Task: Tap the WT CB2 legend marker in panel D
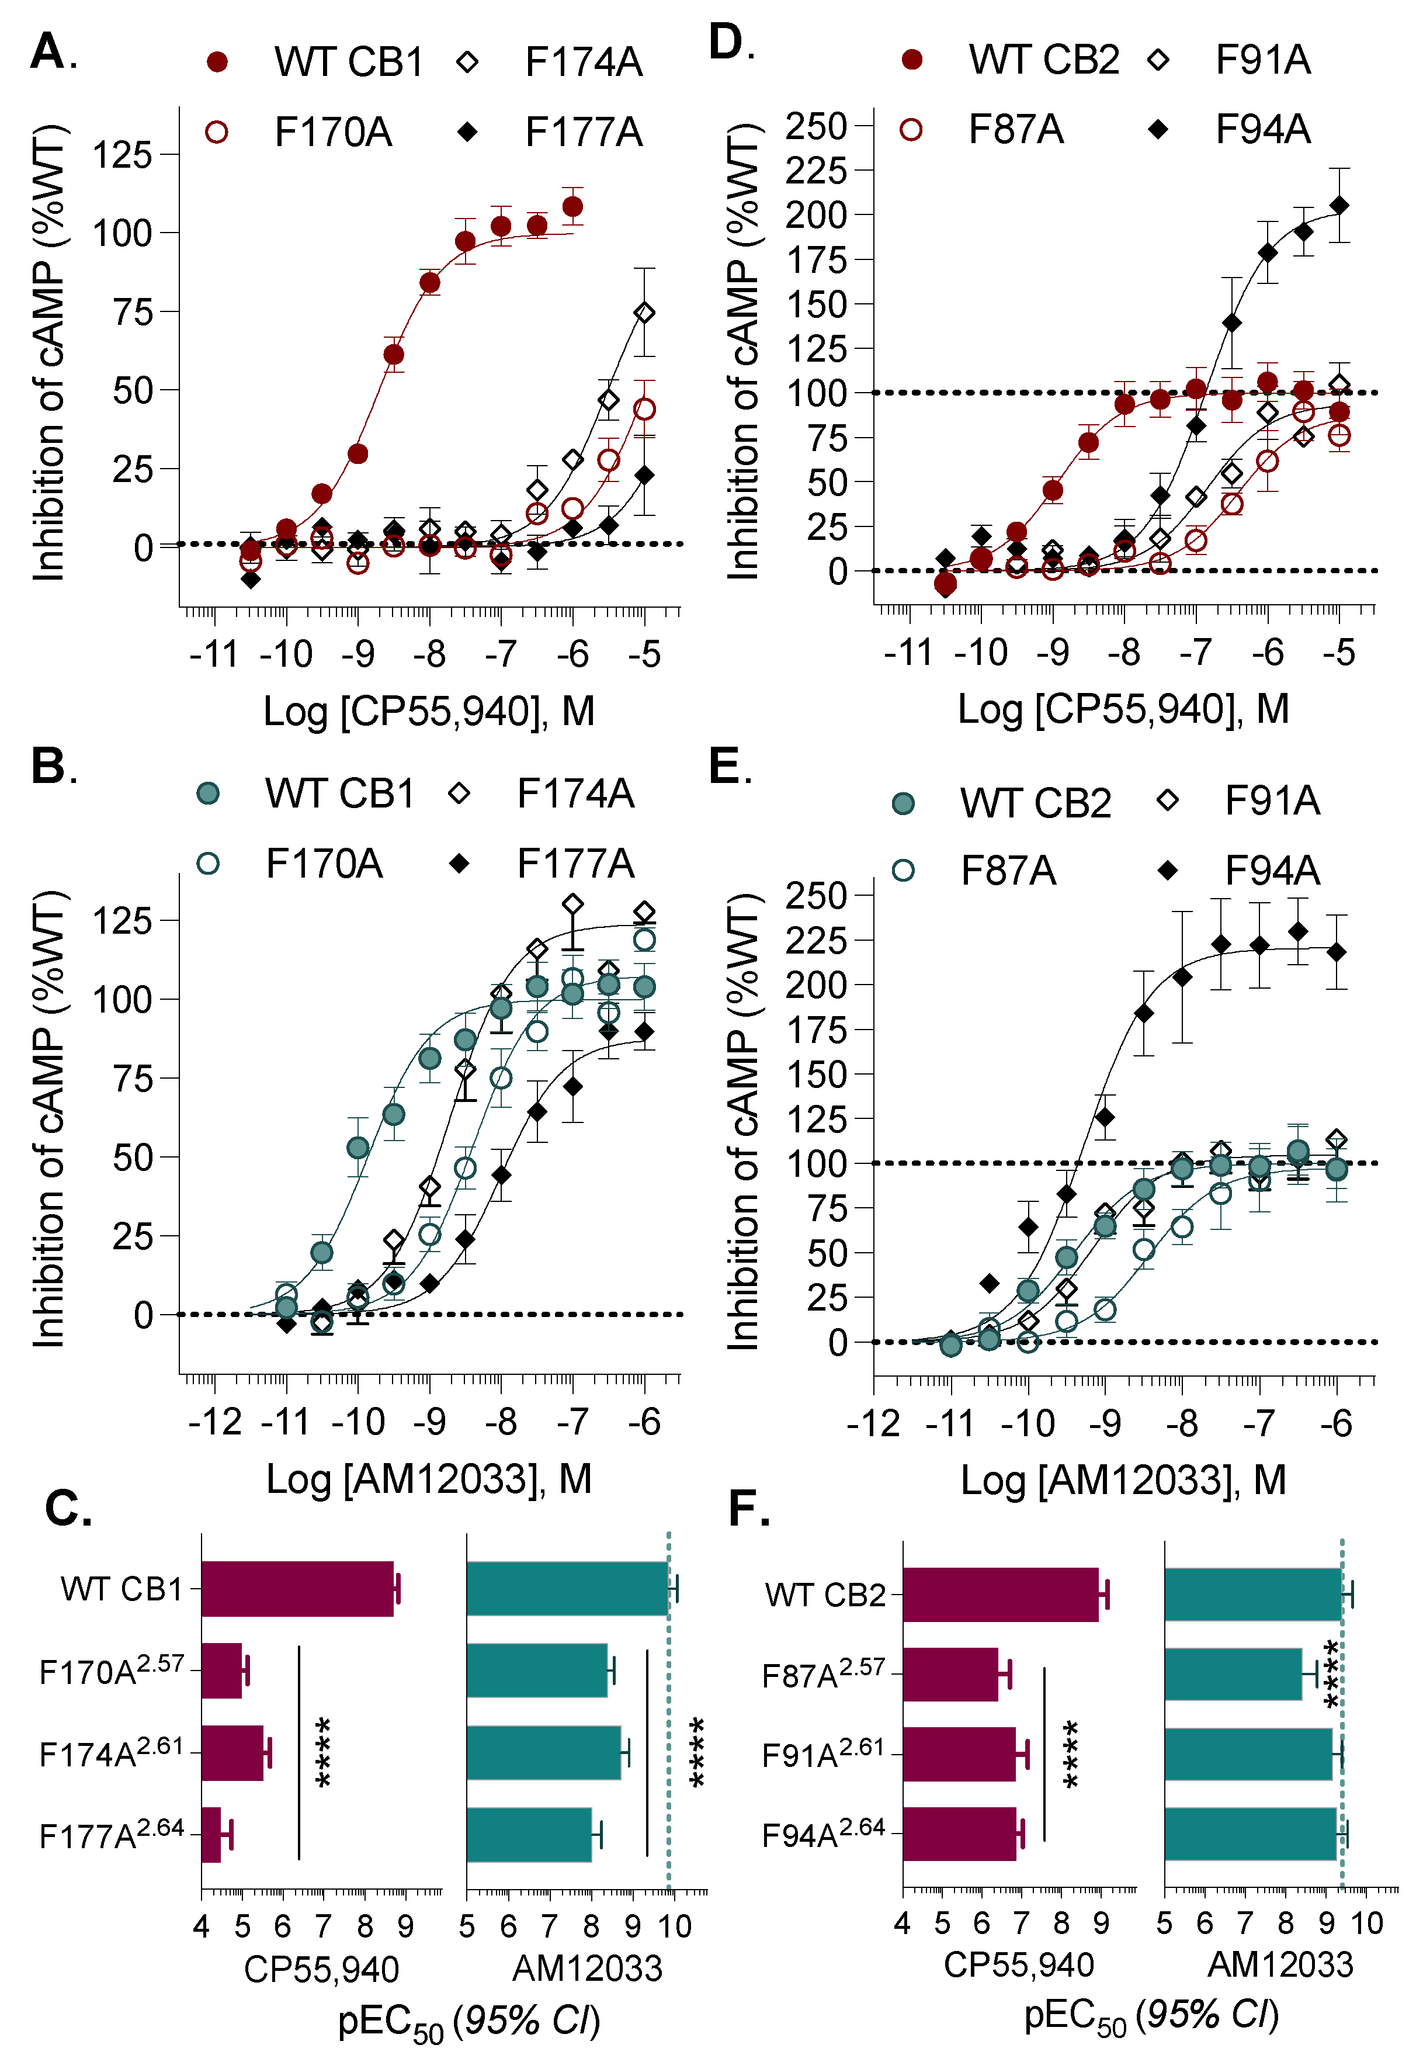pyautogui.click(x=911, y=60)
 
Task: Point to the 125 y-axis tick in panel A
pyautogui.click(x=122, y=155)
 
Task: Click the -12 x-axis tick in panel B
pyautogui.click(x=215, y=1422)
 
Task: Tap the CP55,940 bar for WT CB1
pyautogui.click(x=297, y=1589)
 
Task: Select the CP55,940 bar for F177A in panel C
pyautogui.click(x=211, y=1835)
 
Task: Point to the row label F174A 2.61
pyautogui.click(x=112, y=1753)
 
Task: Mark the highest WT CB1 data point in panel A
pyautogui.click(x=572, y=207)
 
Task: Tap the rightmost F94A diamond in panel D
pyautogui.click(x=1338, y=206)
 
